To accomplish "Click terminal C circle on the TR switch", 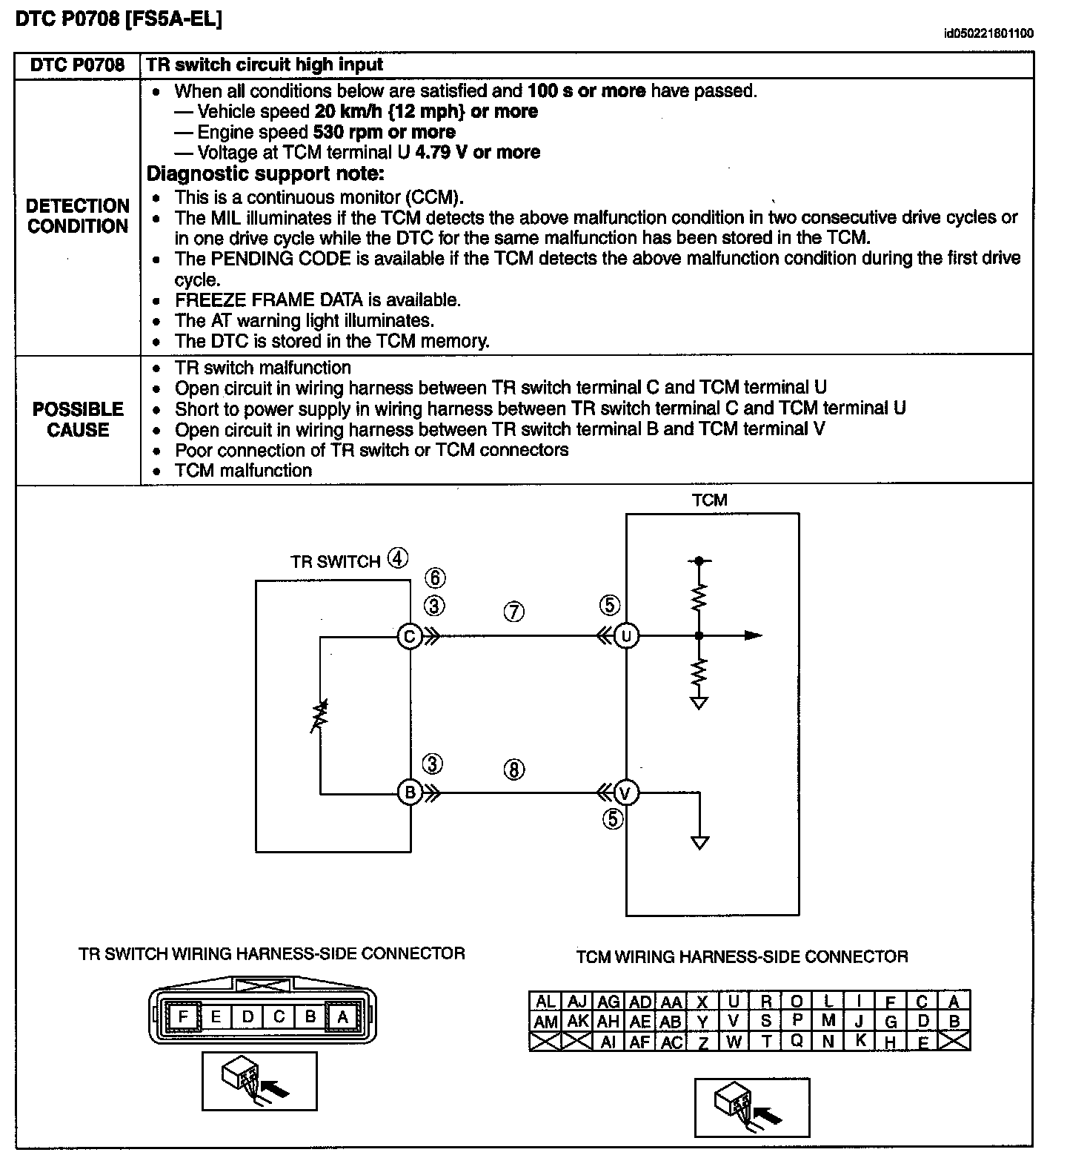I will click(x=409, y=635).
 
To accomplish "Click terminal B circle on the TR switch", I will click(x=409, y=793).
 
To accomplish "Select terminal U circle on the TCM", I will click(x=627, y=635).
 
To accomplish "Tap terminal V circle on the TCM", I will click(x=627, y=793).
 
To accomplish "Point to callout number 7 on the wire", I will click(x=513, y=612).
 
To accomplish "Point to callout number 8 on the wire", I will click(x=513, y=770).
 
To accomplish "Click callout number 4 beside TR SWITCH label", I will click(x=398, y=558).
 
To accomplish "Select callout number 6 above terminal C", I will click(x=435, y=578).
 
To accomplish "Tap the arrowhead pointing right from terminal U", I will click(x=753, y=635).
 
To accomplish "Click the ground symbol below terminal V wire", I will click(x=699, y=842).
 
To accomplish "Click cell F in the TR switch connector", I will click(x=183, y=1016).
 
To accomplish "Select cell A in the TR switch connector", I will click(x=342, y=1016).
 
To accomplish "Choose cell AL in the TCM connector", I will click(x=545, y=1002).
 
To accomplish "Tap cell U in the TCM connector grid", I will click(x=734, y=1002).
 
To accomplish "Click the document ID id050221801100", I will click(x=988, y=33).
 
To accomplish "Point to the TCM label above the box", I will click(x=710, y=500).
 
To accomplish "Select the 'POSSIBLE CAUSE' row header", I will click(x=78, y=420).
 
